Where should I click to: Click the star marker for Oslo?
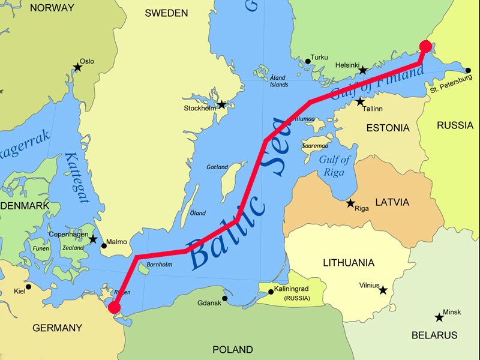click(x=77, y=67)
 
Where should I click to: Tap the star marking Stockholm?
click(x=221, y=104)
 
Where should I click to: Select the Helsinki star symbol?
click(x=362, y=70)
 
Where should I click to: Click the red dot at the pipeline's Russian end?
click(x=425, y=46)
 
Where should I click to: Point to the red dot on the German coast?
click(x=114, y=308)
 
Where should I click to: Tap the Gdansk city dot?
click(x=224, y=298)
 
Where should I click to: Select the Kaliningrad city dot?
click(x=271, y=292)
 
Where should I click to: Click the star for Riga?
click(x=350, y=203)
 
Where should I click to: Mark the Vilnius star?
click(x=383, y=290)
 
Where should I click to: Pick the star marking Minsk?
click(x=439, y=317)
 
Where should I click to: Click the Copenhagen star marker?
click(x=93, y=239)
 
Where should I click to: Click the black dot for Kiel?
click(x=28, y=287)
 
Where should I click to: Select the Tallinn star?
click(x=360, y=102)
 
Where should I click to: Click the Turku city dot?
click(x=308, y=61)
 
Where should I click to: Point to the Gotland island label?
click(x=217, y=167)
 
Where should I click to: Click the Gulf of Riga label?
click(x=334, y=166)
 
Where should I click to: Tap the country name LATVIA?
click(x=392, y=202)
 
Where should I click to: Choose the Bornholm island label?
click(x=160, y=264)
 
